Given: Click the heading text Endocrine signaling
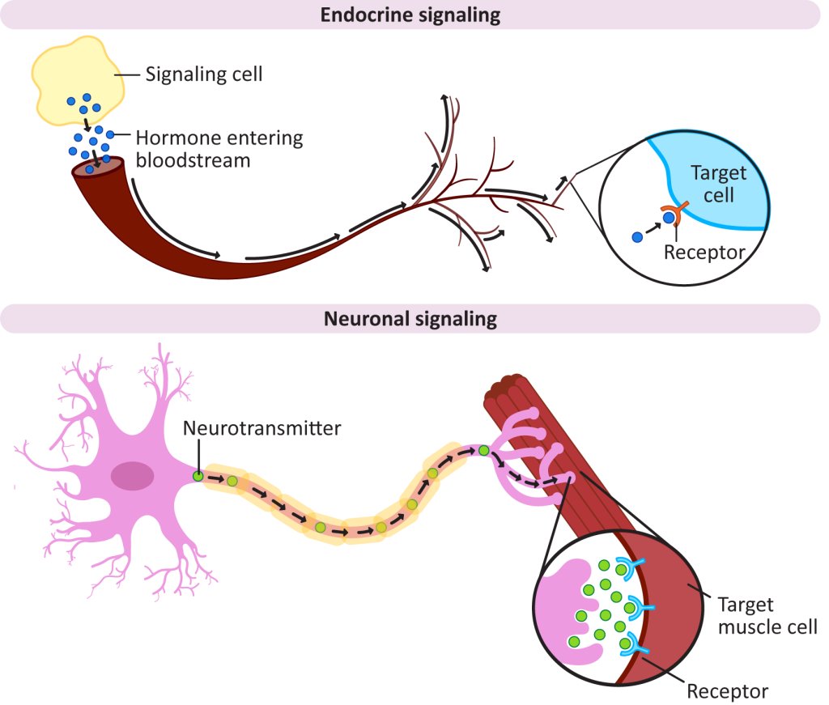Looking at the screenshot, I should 410,15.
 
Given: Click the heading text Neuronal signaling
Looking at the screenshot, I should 410,319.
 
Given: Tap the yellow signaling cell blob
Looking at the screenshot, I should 77,77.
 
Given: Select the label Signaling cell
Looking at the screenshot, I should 204,74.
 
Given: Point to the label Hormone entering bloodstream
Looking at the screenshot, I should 219,148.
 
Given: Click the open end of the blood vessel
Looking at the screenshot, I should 98,167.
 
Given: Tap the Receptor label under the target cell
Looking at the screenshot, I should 704,253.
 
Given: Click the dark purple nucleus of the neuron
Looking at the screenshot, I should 132,475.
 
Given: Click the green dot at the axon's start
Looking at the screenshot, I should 198,477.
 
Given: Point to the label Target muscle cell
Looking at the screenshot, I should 767,615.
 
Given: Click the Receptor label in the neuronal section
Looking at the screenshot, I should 727,691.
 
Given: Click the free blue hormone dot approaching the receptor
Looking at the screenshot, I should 638,236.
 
